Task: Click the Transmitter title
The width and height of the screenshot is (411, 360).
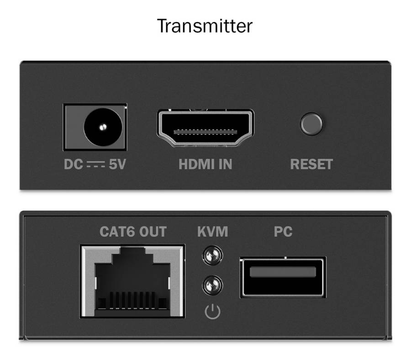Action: click(x=205, y=26)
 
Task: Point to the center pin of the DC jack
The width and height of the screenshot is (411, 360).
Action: click(x=103, y=127)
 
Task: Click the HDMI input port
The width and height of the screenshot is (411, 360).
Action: click(x=205, y=128)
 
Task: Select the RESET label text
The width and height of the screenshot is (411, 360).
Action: click(x=311, y=164)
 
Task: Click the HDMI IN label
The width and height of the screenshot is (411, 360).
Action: click(x=205, y=164)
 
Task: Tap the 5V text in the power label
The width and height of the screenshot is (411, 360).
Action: click(x=117, y=164)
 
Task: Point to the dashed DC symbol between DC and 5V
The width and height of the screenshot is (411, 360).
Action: click(x=96, y=164)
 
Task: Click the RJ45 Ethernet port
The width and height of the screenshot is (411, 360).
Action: click(x=132, y=281)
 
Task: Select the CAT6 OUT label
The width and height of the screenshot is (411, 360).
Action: click(x=133, y=232)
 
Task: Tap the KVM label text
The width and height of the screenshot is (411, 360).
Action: click(x=212, y=232)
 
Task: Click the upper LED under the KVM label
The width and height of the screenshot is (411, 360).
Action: click(x=212, y=255)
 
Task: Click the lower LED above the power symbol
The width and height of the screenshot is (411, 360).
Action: click(x=212, y=285)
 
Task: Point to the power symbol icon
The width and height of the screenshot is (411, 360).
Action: click(x=212, y=312)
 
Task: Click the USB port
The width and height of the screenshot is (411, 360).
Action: click(x=283, y=277)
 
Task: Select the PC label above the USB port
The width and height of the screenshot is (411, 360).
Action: click(x=283, y=232)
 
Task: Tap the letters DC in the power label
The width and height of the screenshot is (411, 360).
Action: click(x=74, y=164)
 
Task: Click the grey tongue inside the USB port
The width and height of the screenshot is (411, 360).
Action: click(x=283, y=272)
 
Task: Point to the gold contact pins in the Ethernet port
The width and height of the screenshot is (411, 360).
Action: click(x=132, y=300)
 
